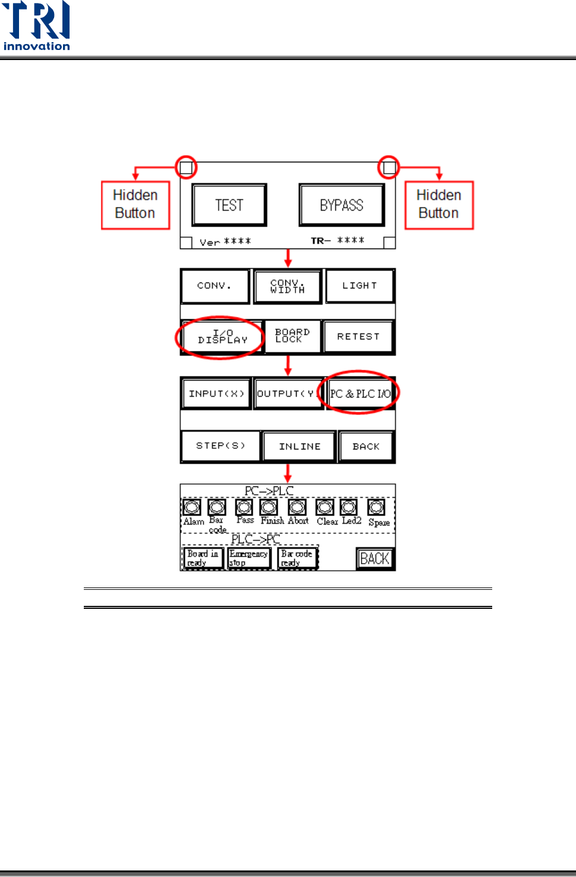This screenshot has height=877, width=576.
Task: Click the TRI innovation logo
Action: click(x=36, y=26)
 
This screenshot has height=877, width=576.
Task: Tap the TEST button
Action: click(x=229, y=205)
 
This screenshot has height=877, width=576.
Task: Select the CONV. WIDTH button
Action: click(x=288, y=286)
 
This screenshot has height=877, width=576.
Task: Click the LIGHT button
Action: click(x=360, y=286)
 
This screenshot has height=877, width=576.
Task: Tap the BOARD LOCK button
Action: click(x=292, y=336)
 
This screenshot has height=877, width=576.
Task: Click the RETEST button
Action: click(x=358, y=337)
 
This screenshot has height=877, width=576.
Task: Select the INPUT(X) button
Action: click(x=216, y=394)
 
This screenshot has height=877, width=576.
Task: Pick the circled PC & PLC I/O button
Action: click(x=360, y=394)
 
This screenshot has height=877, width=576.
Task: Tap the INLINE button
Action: click(x=300, y=447)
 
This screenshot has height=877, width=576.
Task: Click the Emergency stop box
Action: click(x=249, y=558)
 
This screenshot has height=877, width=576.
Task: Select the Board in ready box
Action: click(x=203, y=558)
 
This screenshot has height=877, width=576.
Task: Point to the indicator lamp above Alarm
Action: click(x=192, y=507)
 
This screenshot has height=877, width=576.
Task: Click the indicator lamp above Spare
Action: click(x=376, y=507)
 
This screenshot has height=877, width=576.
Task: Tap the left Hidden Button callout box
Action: click(x=136, y=205)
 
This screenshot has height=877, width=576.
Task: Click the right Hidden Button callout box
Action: click(x=439, y=205)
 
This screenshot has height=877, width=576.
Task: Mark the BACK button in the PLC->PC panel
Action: click(x=375, y=559)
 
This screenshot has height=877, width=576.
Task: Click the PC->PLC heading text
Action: click(x=269, y=491)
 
